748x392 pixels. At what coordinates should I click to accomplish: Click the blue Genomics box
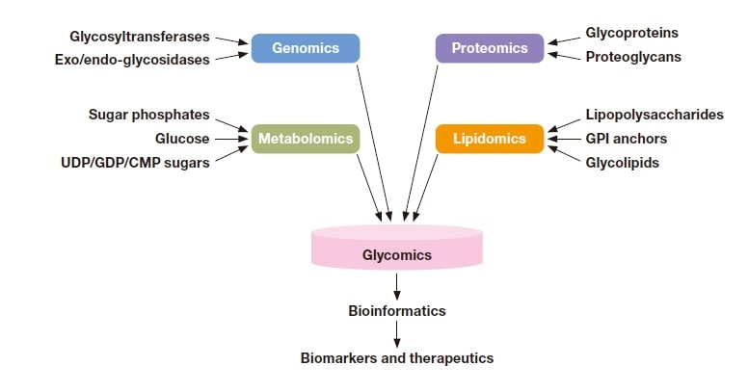click(x=306, y=48)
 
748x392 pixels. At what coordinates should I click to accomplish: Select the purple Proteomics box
click(x=490, y=48)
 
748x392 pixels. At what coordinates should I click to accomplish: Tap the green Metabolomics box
click(x=306, y=139)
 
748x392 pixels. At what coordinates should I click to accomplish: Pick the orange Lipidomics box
click(x=490, y=139)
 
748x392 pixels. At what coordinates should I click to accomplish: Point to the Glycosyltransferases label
click(x=139, y=38)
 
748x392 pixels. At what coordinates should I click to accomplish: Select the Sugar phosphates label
click(x=148, y=116)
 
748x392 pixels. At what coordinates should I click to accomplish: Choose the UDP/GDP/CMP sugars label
click(x=135, y=163)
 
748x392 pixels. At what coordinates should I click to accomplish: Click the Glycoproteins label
click(x=631, y=34)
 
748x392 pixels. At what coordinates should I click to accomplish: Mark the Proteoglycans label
click(x=633, y=57)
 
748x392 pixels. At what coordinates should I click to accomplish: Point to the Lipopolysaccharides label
click(x=654, y=116)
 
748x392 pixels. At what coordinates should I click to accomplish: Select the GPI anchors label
click(x=626, y=139)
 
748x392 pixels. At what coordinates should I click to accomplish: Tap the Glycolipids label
click(x=623, y=163)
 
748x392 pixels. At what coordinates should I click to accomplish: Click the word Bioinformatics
click(x=397, y=311)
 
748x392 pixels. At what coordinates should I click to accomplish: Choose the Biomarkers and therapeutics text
click(x=397, y=358)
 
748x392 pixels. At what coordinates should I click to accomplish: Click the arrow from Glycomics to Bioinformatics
click(x=397, y=286)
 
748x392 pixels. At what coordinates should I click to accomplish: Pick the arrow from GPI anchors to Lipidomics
click(x=564, y=139)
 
